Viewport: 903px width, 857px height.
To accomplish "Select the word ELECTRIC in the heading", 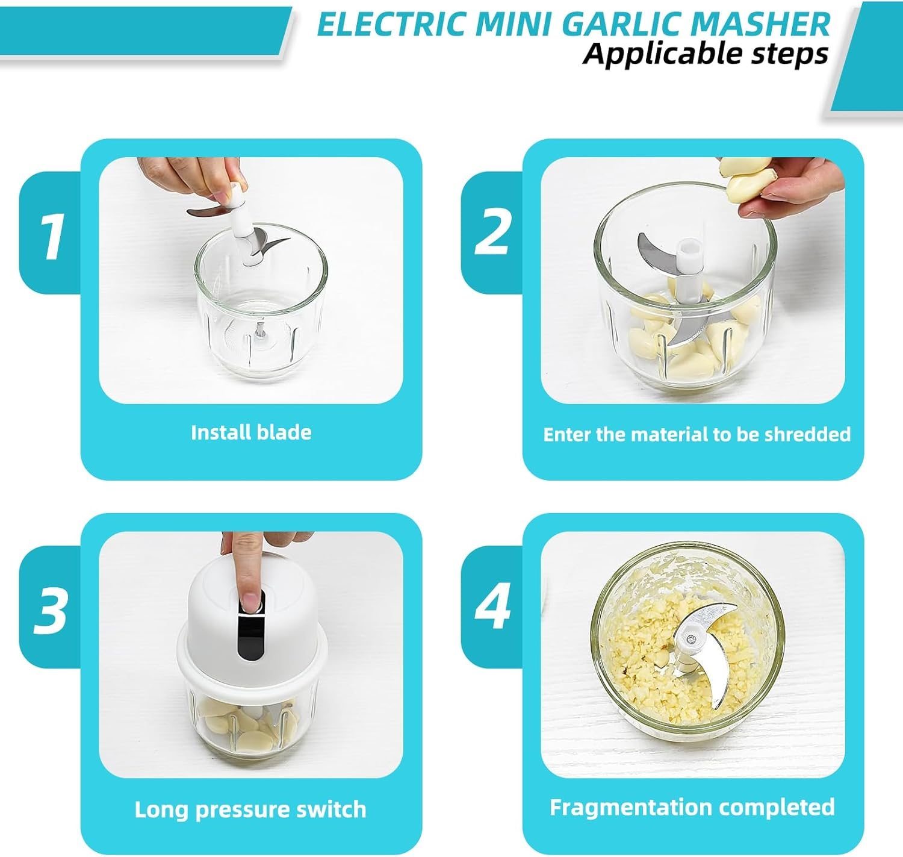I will click(392, 24).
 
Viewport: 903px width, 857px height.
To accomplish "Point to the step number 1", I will click(51, 237).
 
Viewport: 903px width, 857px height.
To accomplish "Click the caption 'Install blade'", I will click(251, 432).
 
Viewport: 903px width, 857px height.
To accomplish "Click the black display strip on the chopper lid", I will click(250, 632).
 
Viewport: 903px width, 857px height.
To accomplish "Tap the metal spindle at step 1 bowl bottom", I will click(260, 331).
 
